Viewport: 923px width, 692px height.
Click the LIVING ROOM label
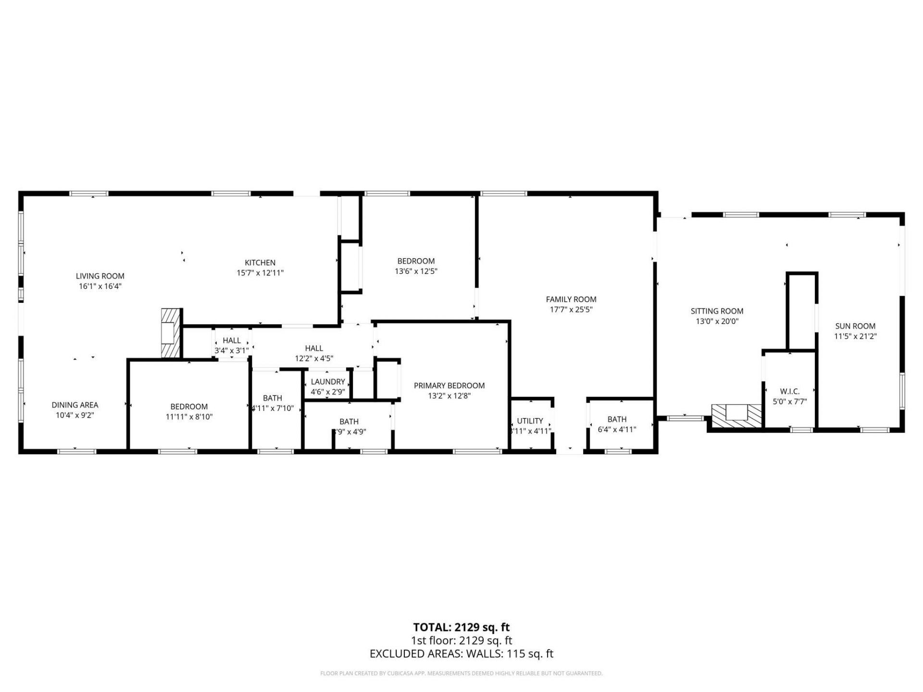pos(100,276)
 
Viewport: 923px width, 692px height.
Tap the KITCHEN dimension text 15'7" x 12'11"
pos(260,273)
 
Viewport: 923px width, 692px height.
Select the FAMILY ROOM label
pos(571,299)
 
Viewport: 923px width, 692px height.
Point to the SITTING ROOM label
pos(717,311)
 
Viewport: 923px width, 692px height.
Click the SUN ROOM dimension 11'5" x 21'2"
pos(855,336)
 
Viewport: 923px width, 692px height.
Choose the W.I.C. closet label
pos(789,392)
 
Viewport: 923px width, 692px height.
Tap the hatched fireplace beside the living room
pos(171,333)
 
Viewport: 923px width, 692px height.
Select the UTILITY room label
pos(530,420)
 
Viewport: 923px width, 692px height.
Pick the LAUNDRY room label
pos(327,382)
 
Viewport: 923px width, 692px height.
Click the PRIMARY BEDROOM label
pos(449,385)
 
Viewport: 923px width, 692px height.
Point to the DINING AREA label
pos(75,405)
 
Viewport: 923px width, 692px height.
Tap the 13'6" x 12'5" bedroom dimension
pos(416,271)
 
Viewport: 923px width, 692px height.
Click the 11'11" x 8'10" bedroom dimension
pos(189,417)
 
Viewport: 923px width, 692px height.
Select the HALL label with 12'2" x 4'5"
pos(314,348)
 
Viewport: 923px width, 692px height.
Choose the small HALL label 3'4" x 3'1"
pos(231,341)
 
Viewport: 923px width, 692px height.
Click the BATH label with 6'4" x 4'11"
pos(617,419)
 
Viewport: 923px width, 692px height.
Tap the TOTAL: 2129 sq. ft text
pos(461,627)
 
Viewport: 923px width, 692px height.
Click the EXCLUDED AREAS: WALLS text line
pos(461,654)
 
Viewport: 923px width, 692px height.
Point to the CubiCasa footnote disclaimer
pos(461,673)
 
